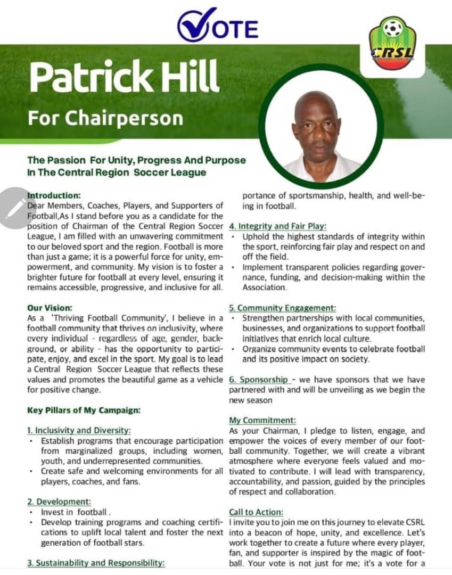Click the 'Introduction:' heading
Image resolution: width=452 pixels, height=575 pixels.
click(x=54, y=195)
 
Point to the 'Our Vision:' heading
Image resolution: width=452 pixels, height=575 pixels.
click(x=50, y=308)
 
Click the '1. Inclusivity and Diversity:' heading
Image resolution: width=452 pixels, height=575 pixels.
click(x=79, y=430)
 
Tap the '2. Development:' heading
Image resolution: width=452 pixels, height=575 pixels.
click(x=59, y=502)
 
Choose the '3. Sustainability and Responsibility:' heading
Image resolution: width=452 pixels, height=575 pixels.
click(x=96, y=562)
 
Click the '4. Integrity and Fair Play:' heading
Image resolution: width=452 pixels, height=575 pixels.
click(x=277, y=226)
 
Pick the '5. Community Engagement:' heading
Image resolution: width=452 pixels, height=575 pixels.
click(x=282, y=308)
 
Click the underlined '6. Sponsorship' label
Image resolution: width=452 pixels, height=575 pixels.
click(x=259, y=380)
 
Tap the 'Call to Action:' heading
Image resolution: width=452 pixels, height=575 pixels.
click(x=256, y=512)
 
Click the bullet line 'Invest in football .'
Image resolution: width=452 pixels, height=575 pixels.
click(x=75, y=512)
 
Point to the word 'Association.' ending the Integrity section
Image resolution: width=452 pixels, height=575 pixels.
click(x=265, y=287)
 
